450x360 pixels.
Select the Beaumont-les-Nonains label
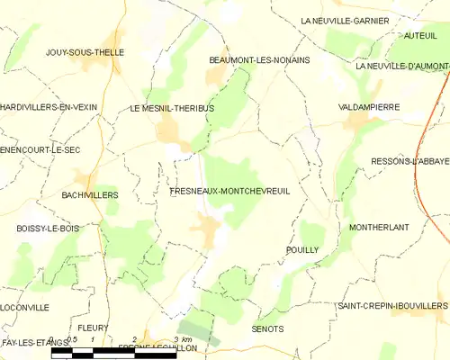click(x=259, y=59)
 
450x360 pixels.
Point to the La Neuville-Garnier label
click(x=344, y=20)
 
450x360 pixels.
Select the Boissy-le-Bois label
click(x=48, y=229)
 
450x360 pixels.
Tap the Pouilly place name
click(x=301, y=250)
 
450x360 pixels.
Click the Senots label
click(x=268, y=328)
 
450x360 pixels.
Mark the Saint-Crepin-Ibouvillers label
click(x=392, y=306)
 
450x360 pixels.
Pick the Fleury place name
click(x=94, y=328)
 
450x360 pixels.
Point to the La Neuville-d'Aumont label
click(x=401, y=66)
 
